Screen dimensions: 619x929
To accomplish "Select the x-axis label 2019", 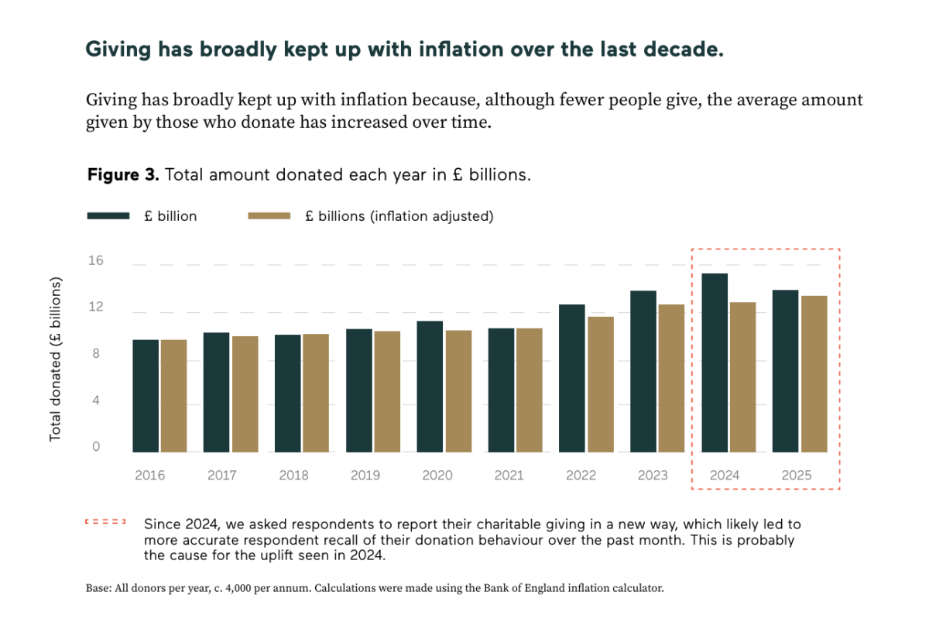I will click(365, 476).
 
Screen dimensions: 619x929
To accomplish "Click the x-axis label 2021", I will click(509, 476).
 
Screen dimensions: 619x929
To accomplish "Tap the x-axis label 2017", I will click(222, 476).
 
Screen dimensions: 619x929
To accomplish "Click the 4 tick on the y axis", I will click(96, 401).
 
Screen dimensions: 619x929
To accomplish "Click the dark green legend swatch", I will click(108, 216).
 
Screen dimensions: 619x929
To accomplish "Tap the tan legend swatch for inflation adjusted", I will click(269, 216).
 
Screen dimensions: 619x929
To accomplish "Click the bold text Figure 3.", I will click(122, 174).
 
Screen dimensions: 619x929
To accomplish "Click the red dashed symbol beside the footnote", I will click(105, 522).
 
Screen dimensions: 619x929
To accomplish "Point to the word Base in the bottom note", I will click(98, 588).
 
